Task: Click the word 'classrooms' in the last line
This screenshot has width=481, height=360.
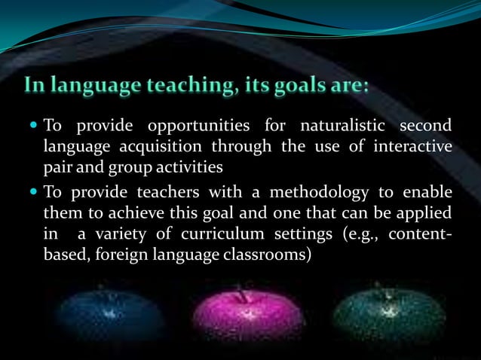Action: click(271, 254)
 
